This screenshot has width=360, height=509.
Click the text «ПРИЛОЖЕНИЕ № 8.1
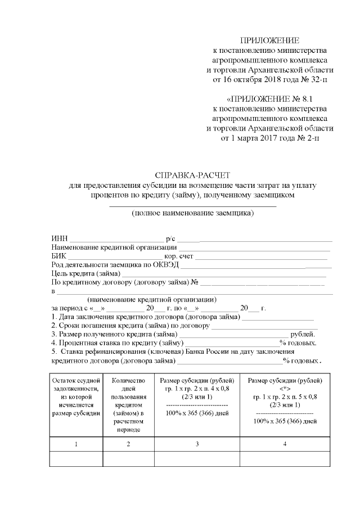pos(270,98)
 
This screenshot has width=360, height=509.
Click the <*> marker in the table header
pos(285,388)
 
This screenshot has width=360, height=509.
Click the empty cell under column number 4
pos(285,460)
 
